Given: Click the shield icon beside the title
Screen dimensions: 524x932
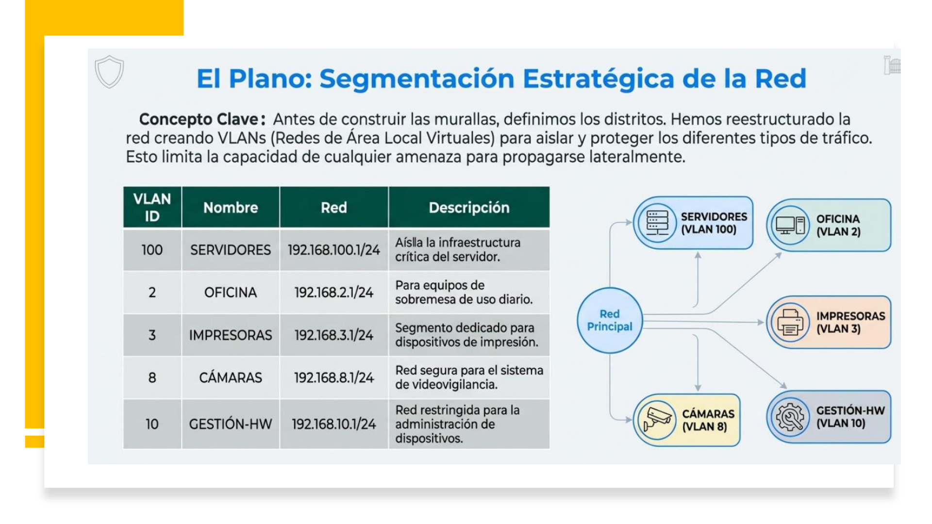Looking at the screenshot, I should tap(109, 72).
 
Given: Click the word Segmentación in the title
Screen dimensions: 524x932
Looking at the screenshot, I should tap(416, 79).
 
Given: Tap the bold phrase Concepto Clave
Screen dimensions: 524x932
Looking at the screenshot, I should tap(201, 119).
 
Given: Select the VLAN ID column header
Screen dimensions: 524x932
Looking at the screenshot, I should tap(152, 207).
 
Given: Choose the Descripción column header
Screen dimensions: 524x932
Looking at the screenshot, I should tap(469, 208).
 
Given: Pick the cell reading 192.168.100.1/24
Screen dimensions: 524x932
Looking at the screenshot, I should tap(333, 250).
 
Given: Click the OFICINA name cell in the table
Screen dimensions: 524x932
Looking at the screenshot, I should tap(230, 293).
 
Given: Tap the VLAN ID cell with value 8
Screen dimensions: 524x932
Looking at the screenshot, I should tap(152, 377).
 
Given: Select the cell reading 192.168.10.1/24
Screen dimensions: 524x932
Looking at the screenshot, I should tap(333, 424).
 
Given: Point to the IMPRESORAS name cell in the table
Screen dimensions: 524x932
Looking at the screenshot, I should tap(230, 335).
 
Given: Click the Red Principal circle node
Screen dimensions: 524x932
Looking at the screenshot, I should tap(610, 320).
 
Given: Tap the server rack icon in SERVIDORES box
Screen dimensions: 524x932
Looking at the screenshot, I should tap(657, 223).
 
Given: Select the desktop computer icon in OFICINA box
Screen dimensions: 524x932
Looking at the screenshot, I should tap(790, 225).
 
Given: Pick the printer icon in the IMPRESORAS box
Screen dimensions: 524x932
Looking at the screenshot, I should tap(790, 322).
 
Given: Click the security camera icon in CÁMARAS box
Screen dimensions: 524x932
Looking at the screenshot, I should tap(657, 420).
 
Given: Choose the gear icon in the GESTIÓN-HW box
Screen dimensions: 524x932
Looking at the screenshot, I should tap(790, 417).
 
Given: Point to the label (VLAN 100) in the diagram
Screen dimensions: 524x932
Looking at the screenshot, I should tap(708, 229).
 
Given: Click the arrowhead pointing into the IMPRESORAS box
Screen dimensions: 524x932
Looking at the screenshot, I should tap(761, 322).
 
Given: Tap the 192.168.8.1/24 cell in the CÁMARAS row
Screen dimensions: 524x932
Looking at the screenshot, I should tap(333, 377).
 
